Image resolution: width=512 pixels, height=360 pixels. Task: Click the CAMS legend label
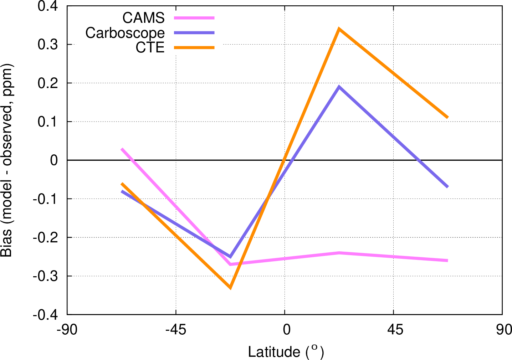(x=143, y=17)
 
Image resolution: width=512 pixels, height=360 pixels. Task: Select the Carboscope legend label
(x=125, y=33)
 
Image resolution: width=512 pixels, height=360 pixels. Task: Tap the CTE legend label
(x=150, y=47)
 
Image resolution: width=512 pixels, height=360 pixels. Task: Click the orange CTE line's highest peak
(x=339, y=29)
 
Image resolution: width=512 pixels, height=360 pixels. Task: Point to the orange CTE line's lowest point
(x=230, y=287)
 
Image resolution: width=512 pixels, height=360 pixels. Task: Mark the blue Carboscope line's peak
(x=339, y=87)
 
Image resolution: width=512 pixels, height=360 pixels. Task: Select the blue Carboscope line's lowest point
(x=230, y=256)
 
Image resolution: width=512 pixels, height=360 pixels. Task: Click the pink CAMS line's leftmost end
(x=122, y=149)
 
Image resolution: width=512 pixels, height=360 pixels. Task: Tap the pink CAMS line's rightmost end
(x=447, y=261)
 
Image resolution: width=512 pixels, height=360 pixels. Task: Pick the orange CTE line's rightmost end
(x=447, y=117)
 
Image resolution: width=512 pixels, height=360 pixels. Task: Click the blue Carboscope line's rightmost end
(x=447, y=187)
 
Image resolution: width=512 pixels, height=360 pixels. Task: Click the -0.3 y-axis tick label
(x=46, y=276)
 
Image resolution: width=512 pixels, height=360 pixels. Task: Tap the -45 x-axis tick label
(x=175, y=330)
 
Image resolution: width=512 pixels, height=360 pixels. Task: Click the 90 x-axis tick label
(x=503, y=330)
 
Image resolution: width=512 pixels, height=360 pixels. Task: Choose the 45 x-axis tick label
(x=395, y=330)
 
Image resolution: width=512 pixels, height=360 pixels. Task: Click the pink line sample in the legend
(x=194, y=17)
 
